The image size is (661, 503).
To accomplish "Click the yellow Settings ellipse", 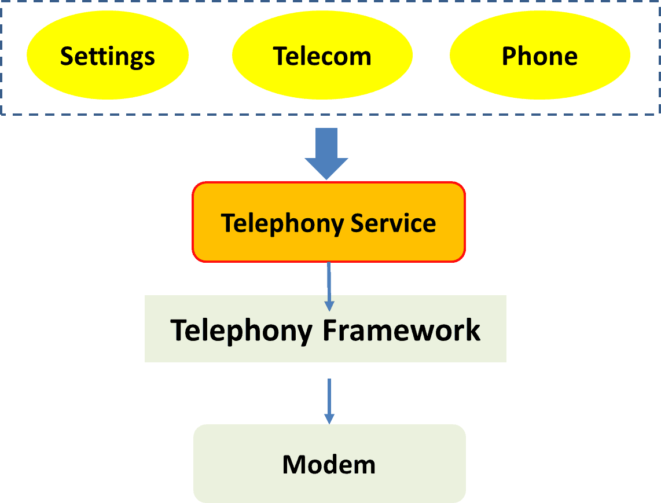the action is (108, 55).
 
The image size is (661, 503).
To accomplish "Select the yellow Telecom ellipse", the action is (322, 55).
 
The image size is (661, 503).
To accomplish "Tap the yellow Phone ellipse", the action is (540, 55).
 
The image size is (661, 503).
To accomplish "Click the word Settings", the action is (108, 57).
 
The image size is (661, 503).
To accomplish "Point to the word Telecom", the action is (322, 56).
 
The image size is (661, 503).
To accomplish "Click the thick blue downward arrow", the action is (326, 153).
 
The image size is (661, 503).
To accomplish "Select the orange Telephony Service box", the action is (329, 222).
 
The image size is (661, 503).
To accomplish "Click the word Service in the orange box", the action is (393, 223).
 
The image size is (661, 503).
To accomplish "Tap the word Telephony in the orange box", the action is (282, 223).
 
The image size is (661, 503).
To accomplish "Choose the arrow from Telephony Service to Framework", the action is (329, 287).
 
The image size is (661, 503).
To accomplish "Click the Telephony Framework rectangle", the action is (325, 328).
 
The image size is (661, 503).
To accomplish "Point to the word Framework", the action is (401, 330).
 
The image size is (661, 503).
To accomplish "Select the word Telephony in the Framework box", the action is (241, 331).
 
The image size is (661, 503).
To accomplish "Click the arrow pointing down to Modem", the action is (329, 401).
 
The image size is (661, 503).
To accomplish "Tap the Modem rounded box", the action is (329, 464).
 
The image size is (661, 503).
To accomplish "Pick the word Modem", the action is (329, 464).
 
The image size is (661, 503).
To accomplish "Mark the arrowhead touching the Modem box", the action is (329, 419).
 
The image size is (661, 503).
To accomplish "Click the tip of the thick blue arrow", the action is (326, 180).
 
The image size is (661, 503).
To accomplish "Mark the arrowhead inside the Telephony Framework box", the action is (330, 307).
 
